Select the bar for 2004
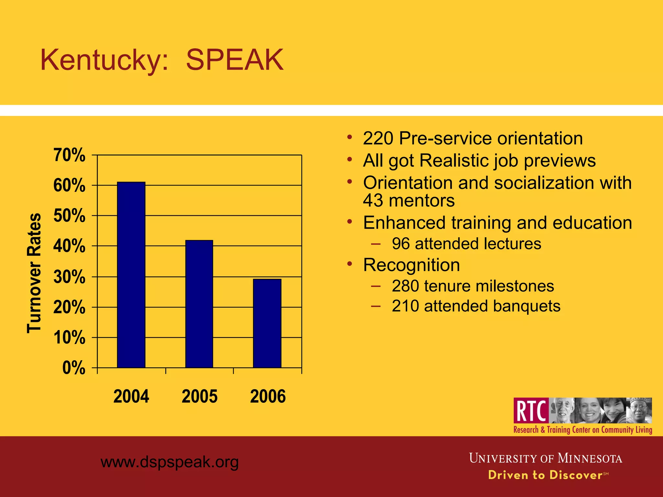coord(131,275)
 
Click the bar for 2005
coord(199,304)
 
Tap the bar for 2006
coord(267,324)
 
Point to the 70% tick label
coord(69,155)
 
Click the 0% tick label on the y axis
coord(74,368)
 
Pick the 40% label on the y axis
coord(69,246)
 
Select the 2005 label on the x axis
coord(199,396)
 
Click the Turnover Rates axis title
coord(34,273)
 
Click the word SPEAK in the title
coord(235,60)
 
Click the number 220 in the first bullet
coord(378,138)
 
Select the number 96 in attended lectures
coord(401,244)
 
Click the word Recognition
coord(411,265)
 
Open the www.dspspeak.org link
coord(170,462)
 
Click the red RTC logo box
coord(531,411)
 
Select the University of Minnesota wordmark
coord(545,458)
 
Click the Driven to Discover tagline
coord(545,475)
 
